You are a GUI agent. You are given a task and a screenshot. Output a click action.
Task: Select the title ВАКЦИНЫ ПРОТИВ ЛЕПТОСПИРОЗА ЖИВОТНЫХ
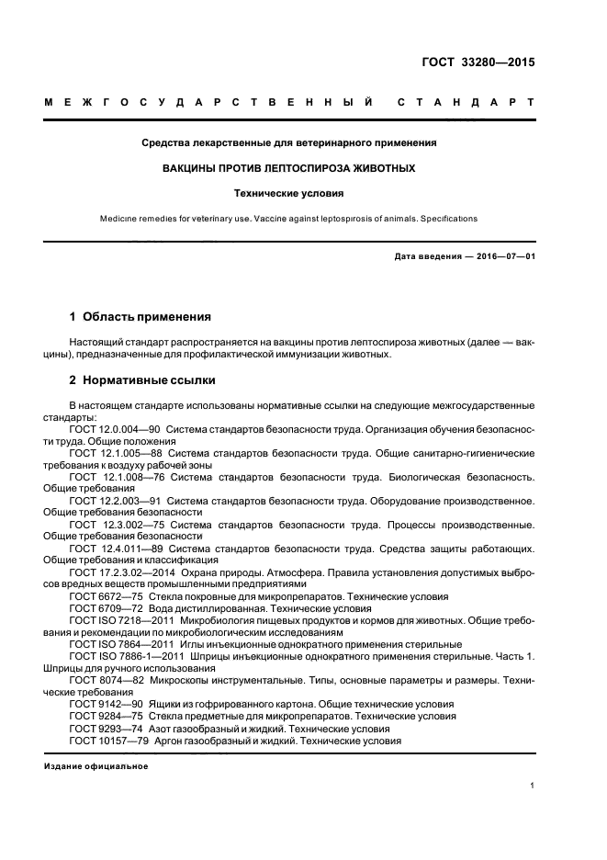pos(288,169)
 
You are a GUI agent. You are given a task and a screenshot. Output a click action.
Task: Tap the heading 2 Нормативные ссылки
pos(142,380)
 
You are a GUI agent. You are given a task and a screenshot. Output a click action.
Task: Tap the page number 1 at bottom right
pos(532,786)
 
